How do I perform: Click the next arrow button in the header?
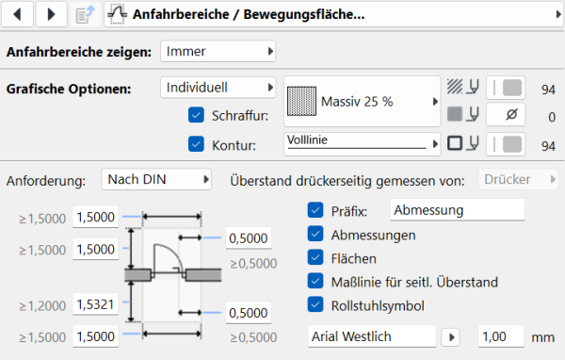point(51,14)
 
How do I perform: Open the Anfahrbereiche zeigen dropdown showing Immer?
point(218,51)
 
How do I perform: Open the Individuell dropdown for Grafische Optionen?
point(218,87)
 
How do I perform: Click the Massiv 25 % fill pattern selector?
point(363,101)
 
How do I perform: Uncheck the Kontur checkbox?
point(196,144)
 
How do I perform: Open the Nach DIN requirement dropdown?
point(157,179)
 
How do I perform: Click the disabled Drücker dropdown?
point(518,179)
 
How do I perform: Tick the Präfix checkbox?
point(315,210)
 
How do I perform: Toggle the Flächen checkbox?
point(315,257)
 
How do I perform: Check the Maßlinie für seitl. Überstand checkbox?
point(315,281)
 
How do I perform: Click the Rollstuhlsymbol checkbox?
point(315,303)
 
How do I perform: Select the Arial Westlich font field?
point(371,335)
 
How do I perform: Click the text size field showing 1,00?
point(506,335)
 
